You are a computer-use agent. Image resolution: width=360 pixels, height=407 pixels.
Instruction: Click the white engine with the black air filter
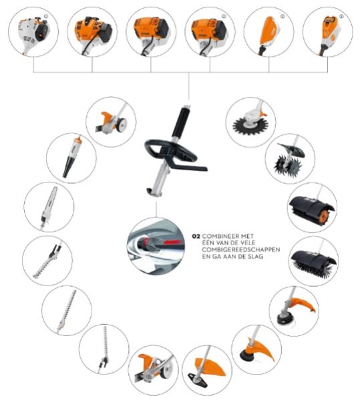pos(33,33)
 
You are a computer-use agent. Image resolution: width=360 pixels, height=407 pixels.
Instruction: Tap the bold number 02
pos(196,237)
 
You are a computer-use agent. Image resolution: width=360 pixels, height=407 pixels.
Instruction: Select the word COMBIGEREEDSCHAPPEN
pos(241,250)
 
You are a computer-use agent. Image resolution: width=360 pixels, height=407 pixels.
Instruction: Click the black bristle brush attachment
pos(314,261)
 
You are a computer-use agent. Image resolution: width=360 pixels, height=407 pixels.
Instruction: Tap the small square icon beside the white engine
pos(46,16)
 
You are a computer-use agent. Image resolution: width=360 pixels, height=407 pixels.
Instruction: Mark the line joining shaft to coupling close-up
pos(156,209)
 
